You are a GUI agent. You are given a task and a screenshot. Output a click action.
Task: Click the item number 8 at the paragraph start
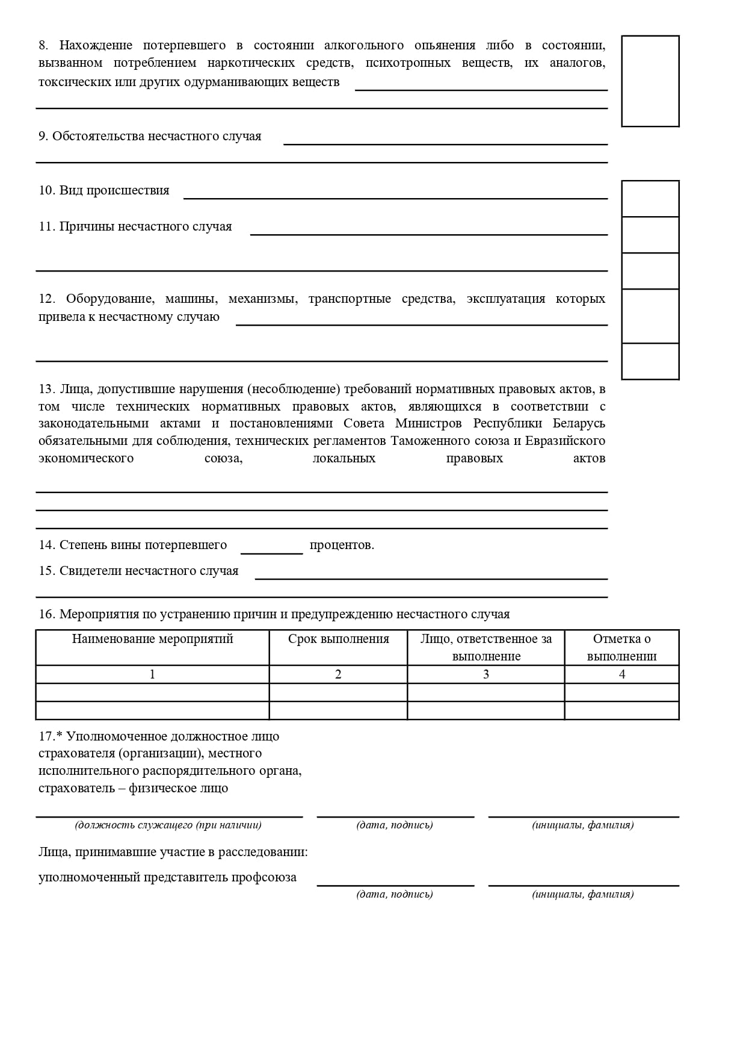pyautogui.click(x=43, y=46)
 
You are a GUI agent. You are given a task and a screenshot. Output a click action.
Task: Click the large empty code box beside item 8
pyautogui.click(x=650, y=81)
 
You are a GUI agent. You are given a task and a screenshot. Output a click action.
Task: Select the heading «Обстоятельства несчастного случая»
pyautogui.click(x=156, y=136)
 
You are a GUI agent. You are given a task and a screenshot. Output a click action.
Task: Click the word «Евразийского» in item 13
pyautogui.click(x=565, y=441)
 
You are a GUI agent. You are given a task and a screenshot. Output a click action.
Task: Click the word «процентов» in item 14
pyautogui.click(x=342, y=545)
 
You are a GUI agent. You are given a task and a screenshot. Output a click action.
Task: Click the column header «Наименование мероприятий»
pyautogui.click(x=152, y=639)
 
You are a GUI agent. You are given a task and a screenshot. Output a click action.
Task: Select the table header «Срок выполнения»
pyautogui.click(x=338, y=639)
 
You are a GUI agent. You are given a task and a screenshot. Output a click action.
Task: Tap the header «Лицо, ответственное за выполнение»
pyautogui.click(x=486, y=648)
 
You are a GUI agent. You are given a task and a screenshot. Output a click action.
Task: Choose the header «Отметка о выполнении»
pyautogui.click(x=621, y=648)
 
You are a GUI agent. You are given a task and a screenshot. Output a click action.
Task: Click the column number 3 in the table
pyautogui.click(x=486, y=675)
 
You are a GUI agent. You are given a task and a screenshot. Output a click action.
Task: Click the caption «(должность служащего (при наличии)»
pyautogui.click(x=168, y=825)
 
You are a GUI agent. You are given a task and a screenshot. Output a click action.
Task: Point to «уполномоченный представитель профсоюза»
pyautogui.click(x=167, y=878)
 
